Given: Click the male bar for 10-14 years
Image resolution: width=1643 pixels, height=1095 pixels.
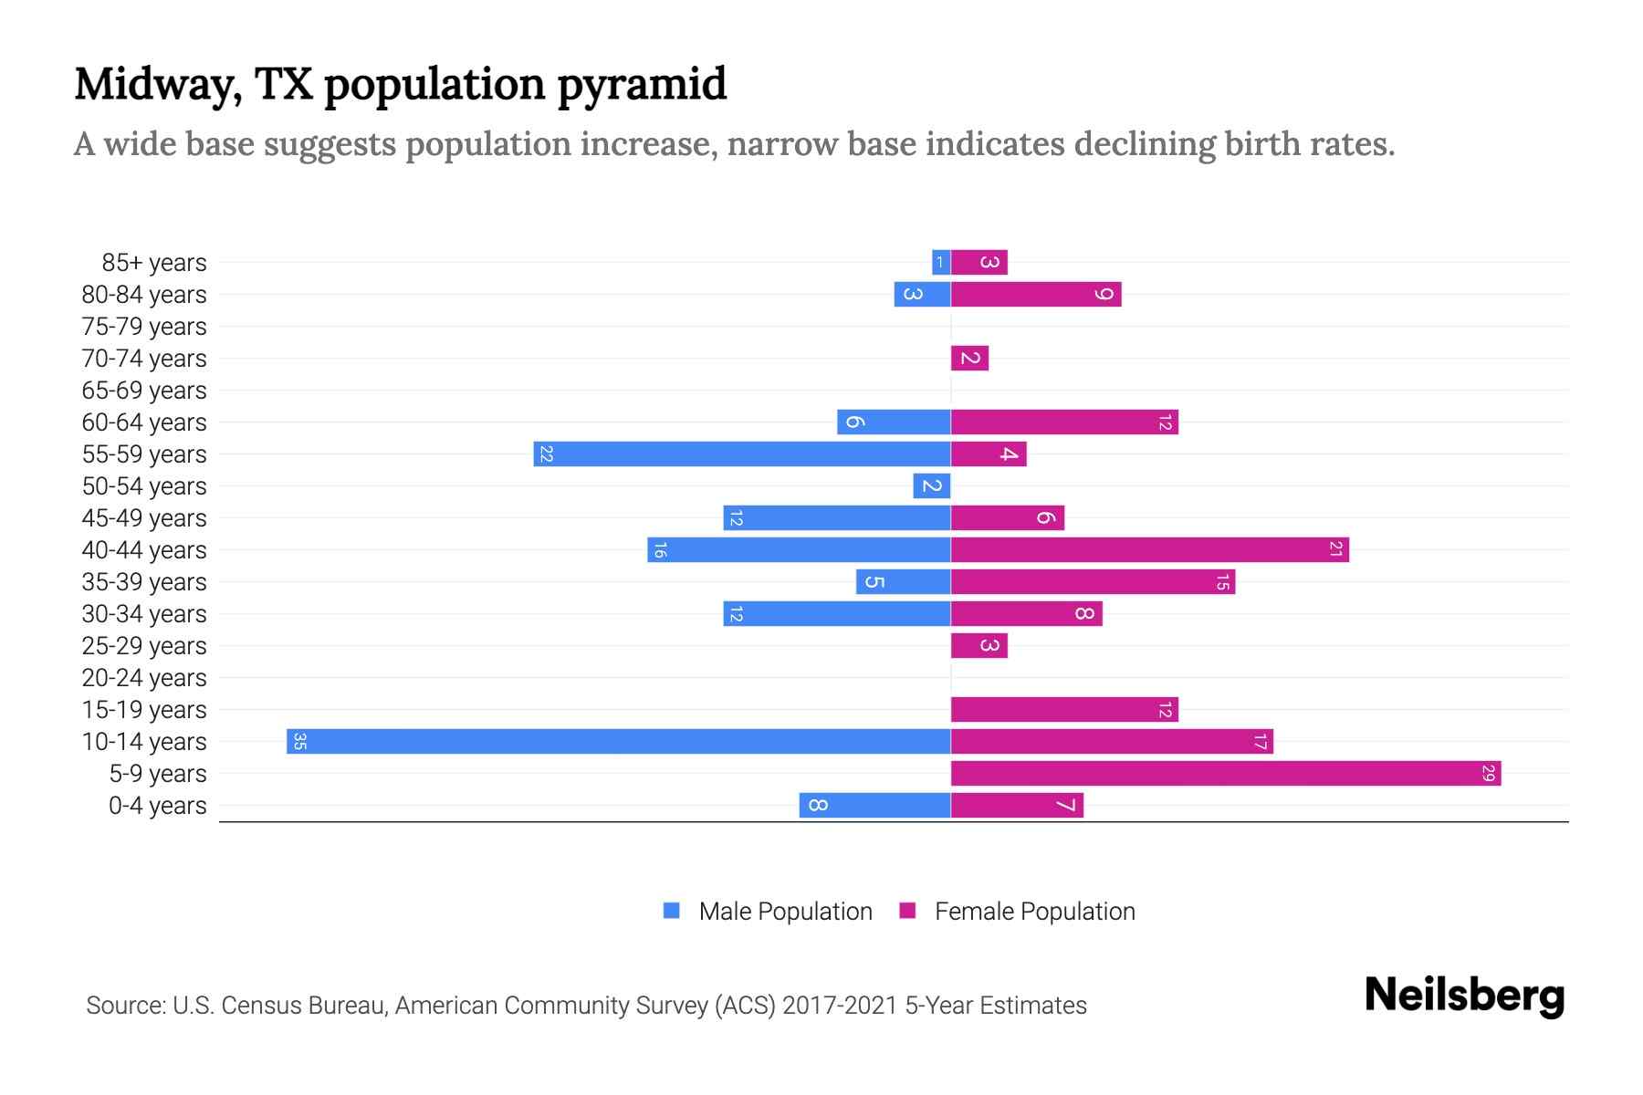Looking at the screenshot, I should [x=618, y=741].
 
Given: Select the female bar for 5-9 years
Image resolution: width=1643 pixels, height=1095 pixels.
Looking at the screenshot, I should [x=1225, y=773].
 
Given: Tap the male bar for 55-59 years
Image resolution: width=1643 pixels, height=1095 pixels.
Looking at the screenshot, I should [x=741, y=454].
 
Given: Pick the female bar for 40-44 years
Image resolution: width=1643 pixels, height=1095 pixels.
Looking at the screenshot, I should [x=1149, y=549].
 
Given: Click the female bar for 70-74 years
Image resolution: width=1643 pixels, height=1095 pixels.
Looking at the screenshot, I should [x=969, y=358].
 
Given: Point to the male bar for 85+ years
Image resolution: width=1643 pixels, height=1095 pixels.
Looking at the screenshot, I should [x=940, y=262].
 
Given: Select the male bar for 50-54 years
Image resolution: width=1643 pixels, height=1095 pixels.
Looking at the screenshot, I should [x=931, y=485].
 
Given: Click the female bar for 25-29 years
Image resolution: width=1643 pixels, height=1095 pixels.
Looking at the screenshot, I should [x=978, y=645].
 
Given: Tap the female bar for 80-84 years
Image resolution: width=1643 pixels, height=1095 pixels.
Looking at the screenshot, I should [x=1035, y=294].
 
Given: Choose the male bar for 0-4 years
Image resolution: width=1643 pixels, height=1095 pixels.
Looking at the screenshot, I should [x=874, y=805].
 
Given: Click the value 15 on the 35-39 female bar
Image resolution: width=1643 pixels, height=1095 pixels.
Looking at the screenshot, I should [x=1222, y=582].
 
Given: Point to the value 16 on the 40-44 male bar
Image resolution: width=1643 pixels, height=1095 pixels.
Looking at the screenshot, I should [x=660, y=550].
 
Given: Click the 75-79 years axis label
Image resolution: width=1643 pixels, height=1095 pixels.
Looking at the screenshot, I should [x=144, y=327].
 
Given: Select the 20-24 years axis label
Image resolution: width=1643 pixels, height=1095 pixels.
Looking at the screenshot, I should [x=144, y=678].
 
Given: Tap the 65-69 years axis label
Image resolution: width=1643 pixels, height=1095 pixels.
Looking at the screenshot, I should [x=144, y=391].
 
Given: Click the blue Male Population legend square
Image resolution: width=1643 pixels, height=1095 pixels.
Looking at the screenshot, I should [x=672, y=911].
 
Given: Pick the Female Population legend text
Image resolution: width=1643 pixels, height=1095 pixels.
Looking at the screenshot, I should [x=1034, y=912].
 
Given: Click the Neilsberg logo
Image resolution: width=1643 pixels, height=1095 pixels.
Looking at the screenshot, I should [x=1464, y=996].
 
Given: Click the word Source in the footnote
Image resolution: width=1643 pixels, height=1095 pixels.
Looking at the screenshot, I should [x=125, y=1006].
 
